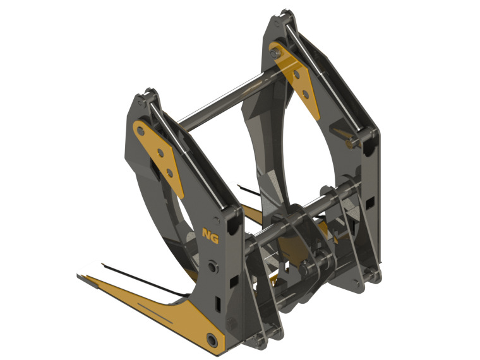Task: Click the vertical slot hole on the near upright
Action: [217, 304]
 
